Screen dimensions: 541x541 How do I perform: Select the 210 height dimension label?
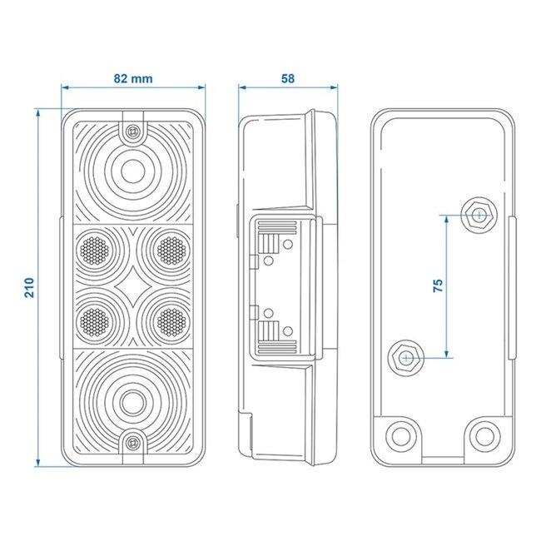[x=28, y=287]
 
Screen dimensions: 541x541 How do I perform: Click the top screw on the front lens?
[x=132, y=131]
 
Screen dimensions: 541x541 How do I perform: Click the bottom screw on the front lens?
[x=132, y=442]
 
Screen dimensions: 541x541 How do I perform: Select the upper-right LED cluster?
[x=170, y=247]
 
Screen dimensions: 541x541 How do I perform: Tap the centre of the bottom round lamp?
[x=131, y=400]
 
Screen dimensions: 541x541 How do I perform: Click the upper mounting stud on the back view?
[x=478, y=215]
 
